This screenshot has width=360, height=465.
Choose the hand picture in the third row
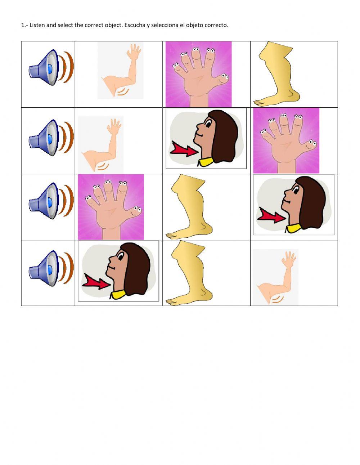tap(111, 207)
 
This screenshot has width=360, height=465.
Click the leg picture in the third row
tap(189, 207)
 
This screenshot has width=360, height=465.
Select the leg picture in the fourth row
tap(189, 274)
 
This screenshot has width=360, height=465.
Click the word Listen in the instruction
tap(38, 25)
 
